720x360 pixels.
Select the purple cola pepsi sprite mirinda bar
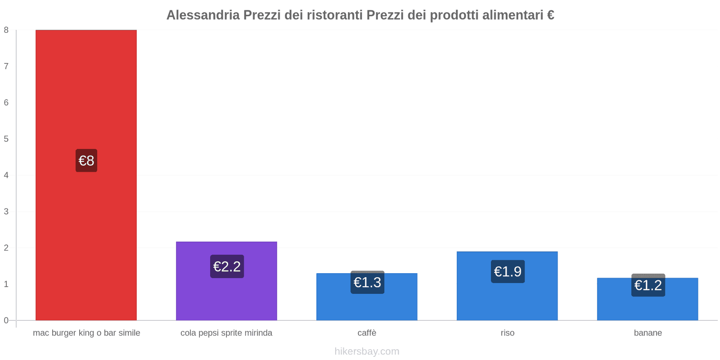(x=226, y=297)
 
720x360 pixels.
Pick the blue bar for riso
(x=507, y=299)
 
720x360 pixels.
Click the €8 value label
(x=86, y=161)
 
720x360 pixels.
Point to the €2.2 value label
(x=227, y=266)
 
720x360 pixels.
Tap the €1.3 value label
(x=367, y=282)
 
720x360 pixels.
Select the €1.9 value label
(x=508, y=271)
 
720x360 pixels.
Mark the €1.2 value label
(x=648, y=285)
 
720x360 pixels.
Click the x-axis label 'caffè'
(x=367, y=333)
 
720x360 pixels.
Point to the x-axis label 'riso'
(x=507, y=333)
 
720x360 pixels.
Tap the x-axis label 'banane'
(x=648, y=333)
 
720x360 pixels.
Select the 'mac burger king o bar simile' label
(x=86, y=333)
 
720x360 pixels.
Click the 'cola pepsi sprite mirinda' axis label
(x=226, y=333)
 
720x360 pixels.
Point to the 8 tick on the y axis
(x=6, y=30)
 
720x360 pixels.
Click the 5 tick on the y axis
(x=6, y=139)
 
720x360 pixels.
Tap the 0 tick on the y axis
(x=6, y=320)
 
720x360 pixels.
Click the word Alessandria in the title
(x=202, y=15)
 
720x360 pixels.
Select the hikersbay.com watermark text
(x=367, y=351)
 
